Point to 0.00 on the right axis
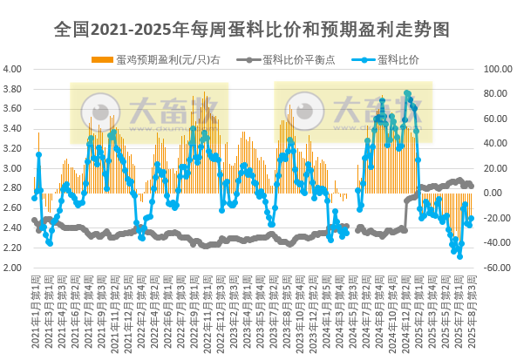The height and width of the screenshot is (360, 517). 494,194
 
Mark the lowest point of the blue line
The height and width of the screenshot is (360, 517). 459,255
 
